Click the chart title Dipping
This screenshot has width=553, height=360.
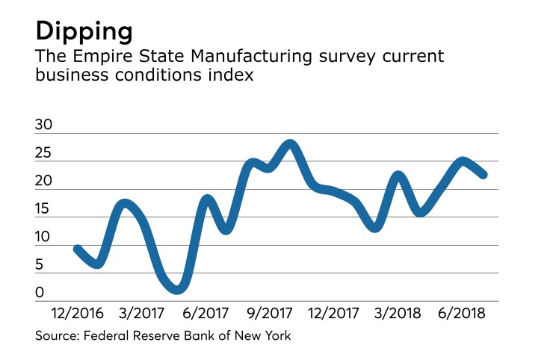[84, 32]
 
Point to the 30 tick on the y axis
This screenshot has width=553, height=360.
[44, 126]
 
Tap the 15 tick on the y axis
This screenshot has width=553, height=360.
[44, 210]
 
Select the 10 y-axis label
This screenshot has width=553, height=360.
[44, 238]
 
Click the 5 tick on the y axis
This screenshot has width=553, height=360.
[40, 265]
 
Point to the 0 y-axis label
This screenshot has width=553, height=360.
[40, 294]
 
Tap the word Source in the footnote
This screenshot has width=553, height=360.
[57, 336]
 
